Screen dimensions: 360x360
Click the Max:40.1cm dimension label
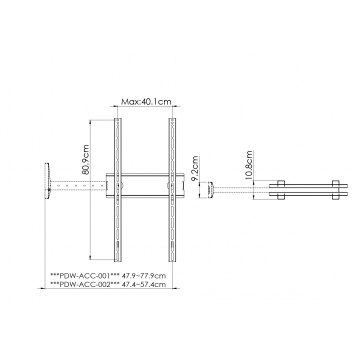tap(146, 101)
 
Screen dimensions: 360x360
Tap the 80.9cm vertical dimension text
tap(85, 160)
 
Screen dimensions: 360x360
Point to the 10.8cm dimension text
tap(249, 165)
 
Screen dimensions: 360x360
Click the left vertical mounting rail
tap(118, 190)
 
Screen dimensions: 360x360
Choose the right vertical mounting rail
tap(172, 190)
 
